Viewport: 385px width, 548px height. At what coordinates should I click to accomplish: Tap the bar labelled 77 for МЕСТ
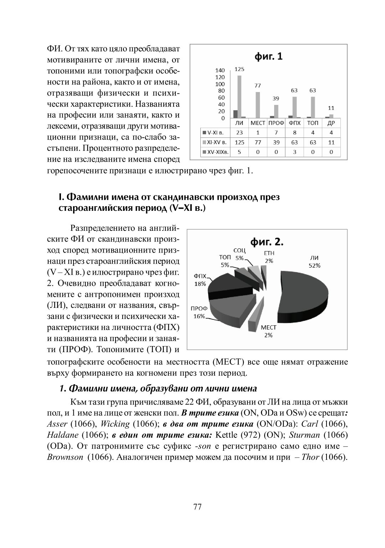(x=257, y=105)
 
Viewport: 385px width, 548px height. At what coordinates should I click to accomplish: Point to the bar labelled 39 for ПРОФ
(x=276, y=111)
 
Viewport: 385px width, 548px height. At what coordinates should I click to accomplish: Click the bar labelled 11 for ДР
(x=331, y=116)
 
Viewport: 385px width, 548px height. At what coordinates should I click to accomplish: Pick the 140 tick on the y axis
(x=220, y=71)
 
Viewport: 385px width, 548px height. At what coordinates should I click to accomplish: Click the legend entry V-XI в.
(x=214, y=133)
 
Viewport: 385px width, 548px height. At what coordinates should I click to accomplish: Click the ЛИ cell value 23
(x=239, y=133)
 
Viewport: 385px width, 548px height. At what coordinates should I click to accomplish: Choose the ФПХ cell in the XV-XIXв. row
(x=294, y=152)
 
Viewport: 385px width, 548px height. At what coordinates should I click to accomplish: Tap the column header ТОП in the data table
(x=313, y=123)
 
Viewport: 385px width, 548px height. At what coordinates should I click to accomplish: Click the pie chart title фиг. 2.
(x=267, y=242)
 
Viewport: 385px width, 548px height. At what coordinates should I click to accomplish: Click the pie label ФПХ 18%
(x=200, y=280)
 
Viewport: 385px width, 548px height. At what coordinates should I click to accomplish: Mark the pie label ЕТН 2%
(x=269, y=257)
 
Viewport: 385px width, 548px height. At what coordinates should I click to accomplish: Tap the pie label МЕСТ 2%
(x=268, y=331)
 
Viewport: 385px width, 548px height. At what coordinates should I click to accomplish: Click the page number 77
(x=197, y=507)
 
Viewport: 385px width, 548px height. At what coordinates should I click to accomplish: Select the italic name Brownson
(x=65, y=457)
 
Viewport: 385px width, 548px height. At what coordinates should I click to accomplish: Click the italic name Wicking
(x=115, y=424)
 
